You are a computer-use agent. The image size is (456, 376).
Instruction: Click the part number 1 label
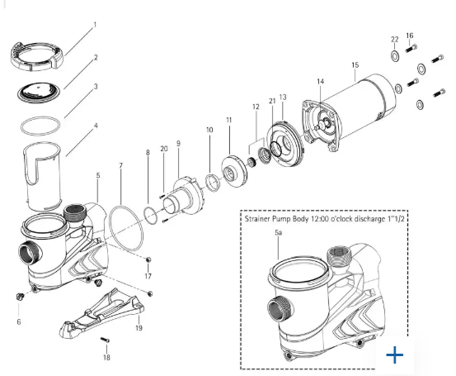[94, 25]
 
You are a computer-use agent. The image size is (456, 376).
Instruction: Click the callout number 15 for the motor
[355, 64]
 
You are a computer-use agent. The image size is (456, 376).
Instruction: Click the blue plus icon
[395, 355]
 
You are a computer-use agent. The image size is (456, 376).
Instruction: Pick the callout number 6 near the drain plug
[18, 321]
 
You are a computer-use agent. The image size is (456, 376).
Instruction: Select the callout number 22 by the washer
[394, 40]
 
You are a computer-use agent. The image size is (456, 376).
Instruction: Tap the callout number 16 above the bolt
[410, 36]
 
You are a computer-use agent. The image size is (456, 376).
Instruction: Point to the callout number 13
[283, 97]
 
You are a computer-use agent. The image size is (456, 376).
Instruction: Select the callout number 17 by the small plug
[148, 275]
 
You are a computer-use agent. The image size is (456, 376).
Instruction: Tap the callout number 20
[164, 148]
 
